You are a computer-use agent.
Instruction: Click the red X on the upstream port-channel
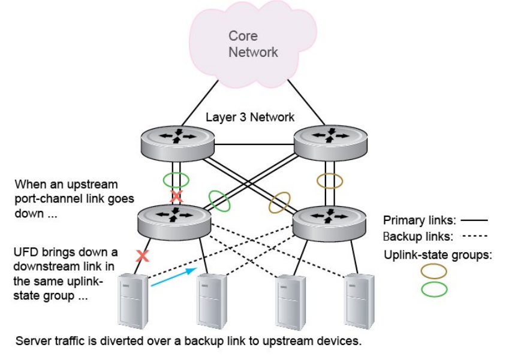[x=176, y=196]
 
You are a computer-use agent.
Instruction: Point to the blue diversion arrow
[x=173, y=277]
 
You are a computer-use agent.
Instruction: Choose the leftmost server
[x=133, y=301]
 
